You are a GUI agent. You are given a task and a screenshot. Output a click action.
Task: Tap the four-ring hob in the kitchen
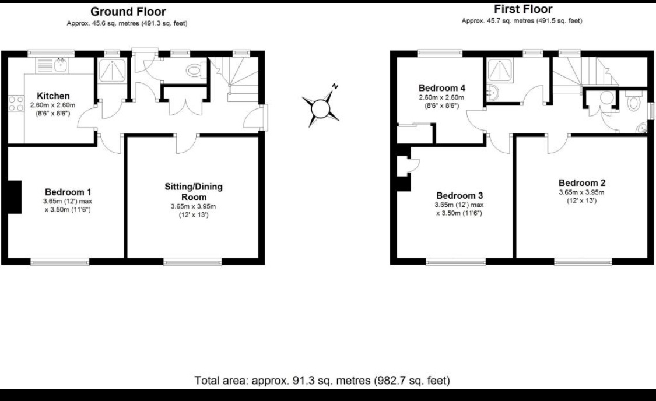13,107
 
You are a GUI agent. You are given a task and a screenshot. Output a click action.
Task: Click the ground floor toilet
193,71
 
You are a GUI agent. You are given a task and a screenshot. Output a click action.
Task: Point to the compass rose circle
321,108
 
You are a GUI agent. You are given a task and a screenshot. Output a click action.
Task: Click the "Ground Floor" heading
128,12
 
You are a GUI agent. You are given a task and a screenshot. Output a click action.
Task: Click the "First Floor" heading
522,9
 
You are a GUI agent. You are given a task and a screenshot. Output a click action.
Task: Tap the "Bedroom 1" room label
68,192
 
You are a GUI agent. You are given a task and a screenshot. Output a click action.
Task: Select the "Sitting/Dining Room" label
193,192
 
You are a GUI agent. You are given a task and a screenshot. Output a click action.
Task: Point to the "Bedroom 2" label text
581,182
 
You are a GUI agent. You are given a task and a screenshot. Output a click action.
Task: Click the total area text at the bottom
322,381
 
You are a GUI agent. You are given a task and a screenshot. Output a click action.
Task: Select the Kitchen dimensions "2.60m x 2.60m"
53,105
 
